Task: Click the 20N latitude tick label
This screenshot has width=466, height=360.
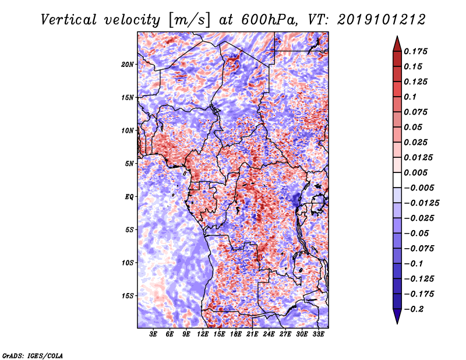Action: pos(128,65)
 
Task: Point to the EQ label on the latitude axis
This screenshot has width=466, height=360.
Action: pos(129,197)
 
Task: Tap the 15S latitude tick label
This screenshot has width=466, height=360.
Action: pos(128,296)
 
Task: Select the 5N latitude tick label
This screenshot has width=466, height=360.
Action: pos(129,164)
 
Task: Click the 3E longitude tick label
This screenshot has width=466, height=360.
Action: pos(153,334)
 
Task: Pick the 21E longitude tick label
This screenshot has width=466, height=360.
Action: pos(252,334)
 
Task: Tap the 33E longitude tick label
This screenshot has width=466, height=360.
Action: pos(318,334)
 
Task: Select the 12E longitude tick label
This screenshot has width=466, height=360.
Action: pos(203,334)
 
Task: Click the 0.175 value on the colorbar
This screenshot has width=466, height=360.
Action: pos(415,51)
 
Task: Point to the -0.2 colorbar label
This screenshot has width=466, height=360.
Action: pos(414,309)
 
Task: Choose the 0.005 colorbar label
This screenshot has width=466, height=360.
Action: pos(415,172)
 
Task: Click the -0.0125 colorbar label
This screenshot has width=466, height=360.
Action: pos(421,203)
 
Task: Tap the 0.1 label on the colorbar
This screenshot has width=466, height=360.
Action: pos(410,97)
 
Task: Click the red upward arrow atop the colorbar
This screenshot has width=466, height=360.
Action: pos(397,44)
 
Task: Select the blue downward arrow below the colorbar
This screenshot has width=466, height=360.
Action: pos(397,316)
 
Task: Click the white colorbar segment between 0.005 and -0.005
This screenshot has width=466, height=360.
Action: pos(397,180)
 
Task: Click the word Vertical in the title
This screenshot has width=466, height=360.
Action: pos(69,20)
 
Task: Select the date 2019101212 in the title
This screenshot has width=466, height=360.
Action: pos(382,20)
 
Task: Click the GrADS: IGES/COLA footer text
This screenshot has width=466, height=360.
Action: pos(33,355)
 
